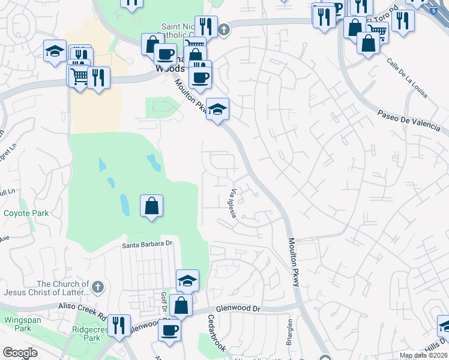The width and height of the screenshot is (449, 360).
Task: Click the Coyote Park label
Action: coord(26,213)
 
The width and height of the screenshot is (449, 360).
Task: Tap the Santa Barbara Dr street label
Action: coord(147,244)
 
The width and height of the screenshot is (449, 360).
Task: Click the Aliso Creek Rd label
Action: coord(82,306)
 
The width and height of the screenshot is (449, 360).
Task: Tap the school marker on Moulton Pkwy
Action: coord(218,109)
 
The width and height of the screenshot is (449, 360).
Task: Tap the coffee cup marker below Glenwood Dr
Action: coord(169,329)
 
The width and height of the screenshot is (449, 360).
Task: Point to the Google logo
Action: coord(20,353)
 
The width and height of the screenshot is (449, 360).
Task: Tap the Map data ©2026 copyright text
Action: coord(424,356)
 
